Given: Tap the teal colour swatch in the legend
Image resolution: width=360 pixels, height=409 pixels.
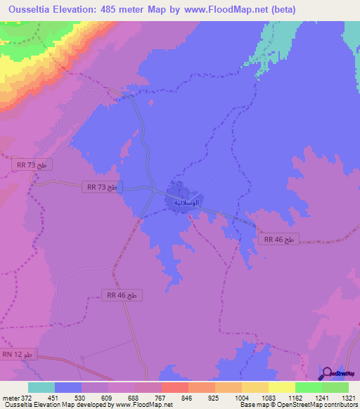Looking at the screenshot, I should pyautogui.click(x=41, y=387).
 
